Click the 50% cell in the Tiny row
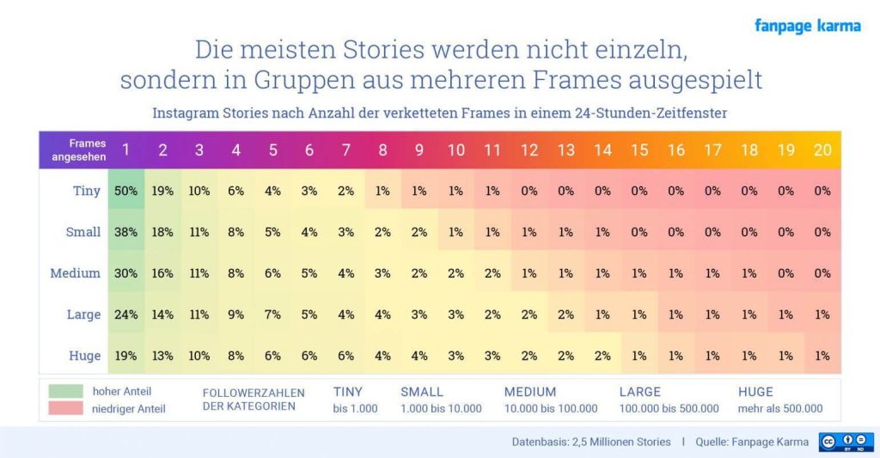[126, 191]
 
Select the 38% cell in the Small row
[126, 232]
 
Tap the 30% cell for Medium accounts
[126, 273]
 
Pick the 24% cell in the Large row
[126, 314]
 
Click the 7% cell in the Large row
[272, 314]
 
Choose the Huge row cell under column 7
[346, 356]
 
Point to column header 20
[822, 150]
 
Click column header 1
[126, 150]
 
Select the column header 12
[529, 150]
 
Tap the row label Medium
[76, 273]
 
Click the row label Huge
[84, 356]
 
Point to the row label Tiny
[87, 191]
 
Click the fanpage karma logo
[807, 26]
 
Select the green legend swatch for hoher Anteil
[67, 392]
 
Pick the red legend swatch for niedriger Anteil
[67, 408]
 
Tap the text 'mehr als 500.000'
[779, 408]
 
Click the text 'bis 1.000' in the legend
[355, 408]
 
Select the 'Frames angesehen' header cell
[79, 150]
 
